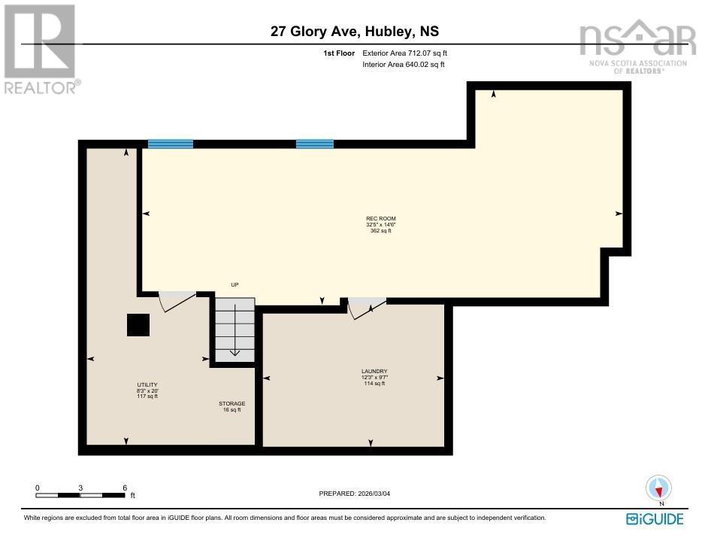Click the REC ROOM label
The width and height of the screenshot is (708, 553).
coord(380,224)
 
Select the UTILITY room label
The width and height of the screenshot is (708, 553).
coord(147,390)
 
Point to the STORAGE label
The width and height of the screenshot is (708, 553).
coord(232,406)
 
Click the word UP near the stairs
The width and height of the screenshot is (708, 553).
coord(234,285)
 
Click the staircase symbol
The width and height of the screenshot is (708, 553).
coord(235,329)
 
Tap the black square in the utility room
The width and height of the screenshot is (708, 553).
coord(138,325)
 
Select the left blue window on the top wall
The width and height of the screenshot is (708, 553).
coord(171,144)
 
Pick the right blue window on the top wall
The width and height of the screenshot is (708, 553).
coord(314,144)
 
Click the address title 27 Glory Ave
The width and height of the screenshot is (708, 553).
coord(354,32)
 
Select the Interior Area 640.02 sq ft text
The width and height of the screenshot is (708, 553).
coord(403,65)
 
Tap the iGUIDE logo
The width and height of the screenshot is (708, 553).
coord(654,519)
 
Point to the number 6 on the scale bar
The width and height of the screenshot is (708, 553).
coord(125,488)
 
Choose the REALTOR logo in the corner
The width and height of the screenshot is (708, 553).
coord(39,49)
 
